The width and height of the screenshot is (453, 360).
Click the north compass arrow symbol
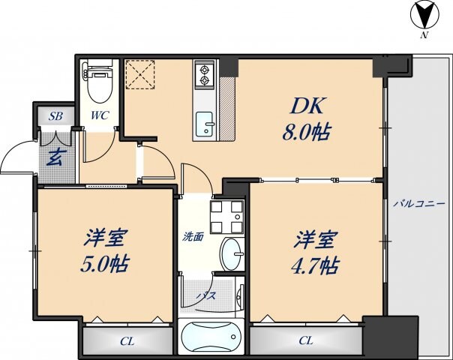pyautogui.click(x=424, y=15)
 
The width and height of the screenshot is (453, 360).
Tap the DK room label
pyautogui.click(x=307, y=107)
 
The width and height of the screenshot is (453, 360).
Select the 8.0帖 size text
pyautogui.click(x=306, y=133)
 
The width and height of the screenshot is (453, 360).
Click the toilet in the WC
pyautogui.click(x=99, y=82)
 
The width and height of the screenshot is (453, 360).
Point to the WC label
pyautogui.click(x=100, y=115)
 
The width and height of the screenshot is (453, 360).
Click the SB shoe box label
pyautogui.click(x=55, y=116)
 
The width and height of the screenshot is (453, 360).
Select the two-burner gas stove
pyautogui.click(x=205, y=74)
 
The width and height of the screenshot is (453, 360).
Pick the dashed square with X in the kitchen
pyautogui.click(x=140, y=74)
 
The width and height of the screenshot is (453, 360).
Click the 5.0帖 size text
pyautogui.click(x=104, y=265)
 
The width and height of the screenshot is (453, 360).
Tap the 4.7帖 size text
pyautogui.click(x=314, y=265)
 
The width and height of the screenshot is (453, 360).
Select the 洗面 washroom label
pyautogui.click(x=193, y=237)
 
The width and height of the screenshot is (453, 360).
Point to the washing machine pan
pyautogui.click(x=226, y=217)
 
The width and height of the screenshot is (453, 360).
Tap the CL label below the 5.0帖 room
pyautogui.click(x=127, y=341)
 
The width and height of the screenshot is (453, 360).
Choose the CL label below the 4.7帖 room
pyautogui.click(x=306, y=340)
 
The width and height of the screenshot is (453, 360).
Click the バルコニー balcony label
pyautogui.click(x=420, y=204)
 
